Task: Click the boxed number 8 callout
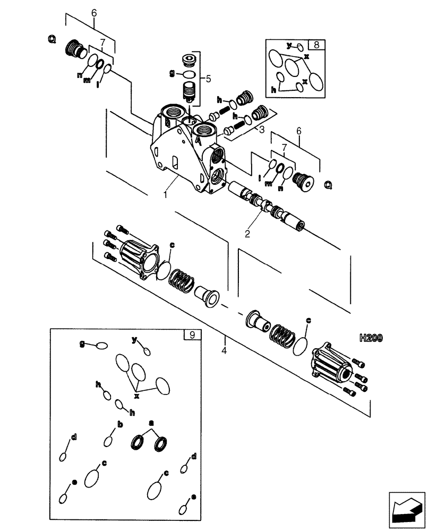point(317,45)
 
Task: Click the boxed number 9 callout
point(192,335)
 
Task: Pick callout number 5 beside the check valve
point(209,79)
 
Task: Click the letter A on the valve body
point(197,141)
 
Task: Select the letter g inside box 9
point(82,344)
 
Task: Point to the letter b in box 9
point(120,424)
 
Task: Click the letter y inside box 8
point(290,46)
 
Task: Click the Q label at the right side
point(328,185)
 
